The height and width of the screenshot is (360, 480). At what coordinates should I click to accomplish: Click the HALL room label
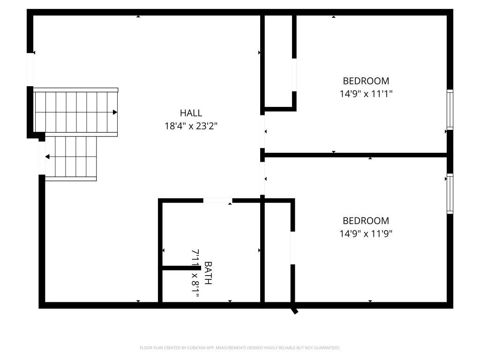(191, 113)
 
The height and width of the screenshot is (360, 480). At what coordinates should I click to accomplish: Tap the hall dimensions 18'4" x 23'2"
(191, 126)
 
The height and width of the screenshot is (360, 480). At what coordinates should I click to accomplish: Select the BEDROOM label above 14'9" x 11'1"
(366, 81)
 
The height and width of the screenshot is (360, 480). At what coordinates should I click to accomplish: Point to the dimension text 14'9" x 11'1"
(366, 93)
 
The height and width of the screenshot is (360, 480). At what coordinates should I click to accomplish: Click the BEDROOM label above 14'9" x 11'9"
(366, 221)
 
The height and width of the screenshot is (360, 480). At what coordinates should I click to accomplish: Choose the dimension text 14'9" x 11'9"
(366, 233)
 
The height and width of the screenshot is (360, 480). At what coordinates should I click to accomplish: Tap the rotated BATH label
(208, 273)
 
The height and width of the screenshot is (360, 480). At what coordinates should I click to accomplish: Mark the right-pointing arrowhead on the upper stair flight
(115, 112)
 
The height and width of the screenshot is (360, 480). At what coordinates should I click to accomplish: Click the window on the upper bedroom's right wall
(450, 110)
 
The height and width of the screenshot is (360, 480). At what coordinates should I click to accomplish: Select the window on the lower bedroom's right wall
(450, 194)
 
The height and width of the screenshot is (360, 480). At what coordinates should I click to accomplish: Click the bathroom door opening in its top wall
(217, 201)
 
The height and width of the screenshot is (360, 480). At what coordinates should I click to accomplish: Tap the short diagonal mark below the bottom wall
(294, 310)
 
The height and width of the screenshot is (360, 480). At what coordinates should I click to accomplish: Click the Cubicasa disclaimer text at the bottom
(240, 348)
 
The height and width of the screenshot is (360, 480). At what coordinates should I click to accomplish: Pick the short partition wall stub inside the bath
(180, 268)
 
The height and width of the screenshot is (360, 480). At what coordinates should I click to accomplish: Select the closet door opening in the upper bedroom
(294, 75)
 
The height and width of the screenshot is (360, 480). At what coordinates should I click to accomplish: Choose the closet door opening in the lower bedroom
(292, 247)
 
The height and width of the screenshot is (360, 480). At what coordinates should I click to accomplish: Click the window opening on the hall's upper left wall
(30, 69)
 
